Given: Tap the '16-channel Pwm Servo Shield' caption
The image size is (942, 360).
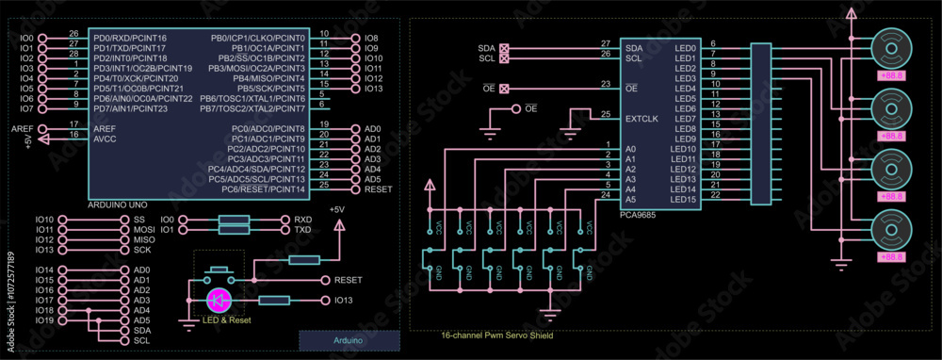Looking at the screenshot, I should point(496,335).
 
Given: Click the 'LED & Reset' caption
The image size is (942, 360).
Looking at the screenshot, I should point(227,320).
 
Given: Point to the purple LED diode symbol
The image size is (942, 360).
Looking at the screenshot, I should point(219,301).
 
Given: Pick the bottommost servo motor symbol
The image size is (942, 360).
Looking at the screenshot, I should point(890,231).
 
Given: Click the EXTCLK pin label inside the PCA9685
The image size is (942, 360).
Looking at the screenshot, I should point(640,119).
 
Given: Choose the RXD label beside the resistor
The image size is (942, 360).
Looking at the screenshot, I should point(302,219).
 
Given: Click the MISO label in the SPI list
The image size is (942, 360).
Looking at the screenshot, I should point(144,239).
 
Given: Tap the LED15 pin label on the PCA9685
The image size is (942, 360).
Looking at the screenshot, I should point(683,199).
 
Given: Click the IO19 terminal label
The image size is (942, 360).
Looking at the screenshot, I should point(44,320).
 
